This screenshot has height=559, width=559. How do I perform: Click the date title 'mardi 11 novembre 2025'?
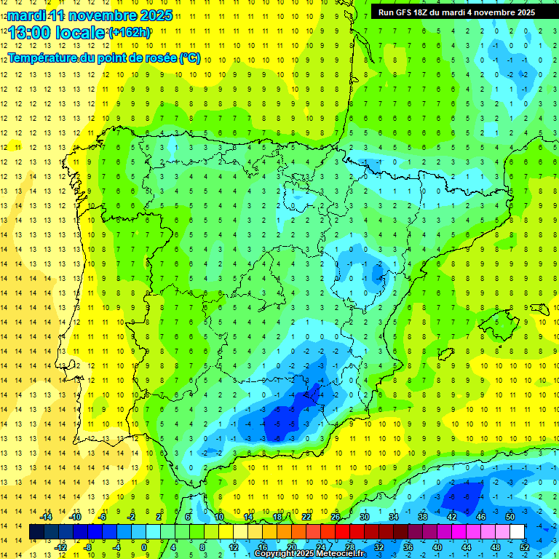pos(90,15)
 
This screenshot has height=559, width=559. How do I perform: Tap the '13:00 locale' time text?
pos(58,33)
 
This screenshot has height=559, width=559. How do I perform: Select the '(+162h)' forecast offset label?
pos(130,33)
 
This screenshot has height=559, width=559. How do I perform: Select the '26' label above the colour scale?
pos(336,517)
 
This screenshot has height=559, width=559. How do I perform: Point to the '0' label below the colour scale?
pos(144,547)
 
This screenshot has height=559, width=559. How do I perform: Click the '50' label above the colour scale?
pos(510,517)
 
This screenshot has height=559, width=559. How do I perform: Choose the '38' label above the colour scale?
pos(423,517)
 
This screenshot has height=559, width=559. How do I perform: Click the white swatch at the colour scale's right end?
pos(518,532)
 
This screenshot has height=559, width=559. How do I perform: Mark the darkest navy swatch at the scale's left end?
pos(36,532)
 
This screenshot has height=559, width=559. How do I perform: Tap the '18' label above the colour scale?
pos(277,517)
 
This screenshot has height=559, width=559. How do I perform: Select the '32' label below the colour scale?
pos(379,547)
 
